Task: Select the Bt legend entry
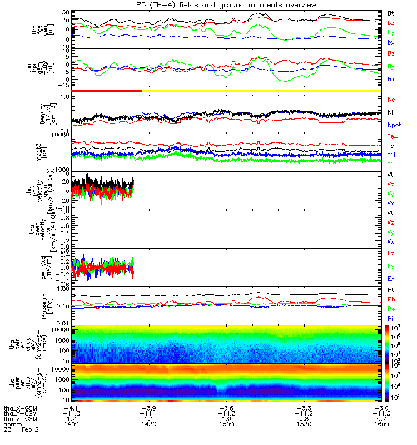(391, 13)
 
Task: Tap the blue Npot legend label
(394, 125)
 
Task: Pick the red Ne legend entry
(391, 99)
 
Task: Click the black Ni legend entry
(390, 112)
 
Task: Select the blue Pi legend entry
(390, 317)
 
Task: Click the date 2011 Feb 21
(22, 430)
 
